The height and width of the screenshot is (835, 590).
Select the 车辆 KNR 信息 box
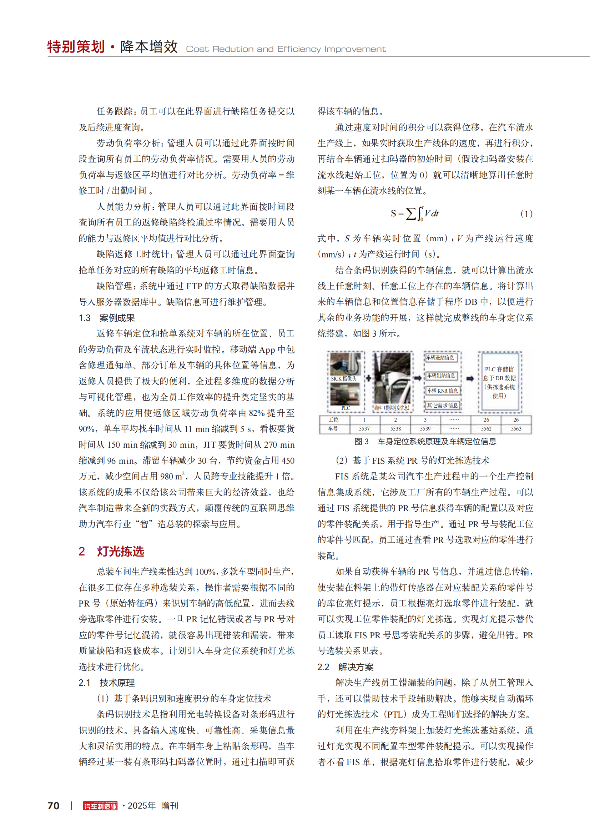(442, 391)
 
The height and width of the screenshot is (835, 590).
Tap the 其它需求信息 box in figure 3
(442, 405)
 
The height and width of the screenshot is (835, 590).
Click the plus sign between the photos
(368, 378)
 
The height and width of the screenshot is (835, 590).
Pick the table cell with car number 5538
(395, 429)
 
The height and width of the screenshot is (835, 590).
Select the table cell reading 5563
(516, 429)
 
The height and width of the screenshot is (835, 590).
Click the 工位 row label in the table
(333, 420)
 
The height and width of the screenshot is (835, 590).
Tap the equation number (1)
(526, 214)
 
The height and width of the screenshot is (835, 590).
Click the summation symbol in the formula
(410, 213)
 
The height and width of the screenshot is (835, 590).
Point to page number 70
(54, 805)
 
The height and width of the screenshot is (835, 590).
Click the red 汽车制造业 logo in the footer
(100, 805)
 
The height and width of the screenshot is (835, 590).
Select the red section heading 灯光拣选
(120, 551)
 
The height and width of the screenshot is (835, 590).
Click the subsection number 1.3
(85, 318)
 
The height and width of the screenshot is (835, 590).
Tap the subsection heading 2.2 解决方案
(345, 667)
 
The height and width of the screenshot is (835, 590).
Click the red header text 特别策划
(76, 47)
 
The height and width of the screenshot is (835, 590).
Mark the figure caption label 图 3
(361, 442)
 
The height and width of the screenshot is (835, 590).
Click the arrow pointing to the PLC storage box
(470, 378)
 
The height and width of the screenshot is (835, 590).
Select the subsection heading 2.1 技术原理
(106, 683)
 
